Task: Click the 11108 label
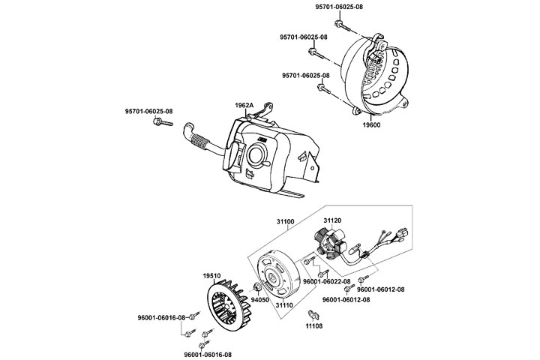pos(314,326)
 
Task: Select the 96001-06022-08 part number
pos(327,281)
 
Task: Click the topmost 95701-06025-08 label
pos(339,7)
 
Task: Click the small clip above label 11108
pos(313,313)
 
